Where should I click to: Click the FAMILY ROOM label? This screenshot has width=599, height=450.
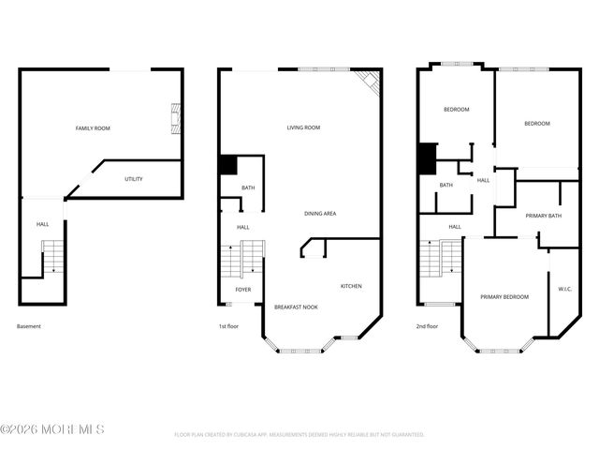[93, 127]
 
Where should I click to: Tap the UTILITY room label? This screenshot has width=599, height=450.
[134, 178]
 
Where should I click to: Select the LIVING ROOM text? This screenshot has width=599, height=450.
[303, 127]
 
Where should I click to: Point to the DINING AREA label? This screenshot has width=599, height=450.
[320, 214]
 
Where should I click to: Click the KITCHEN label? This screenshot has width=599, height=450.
[351, 286]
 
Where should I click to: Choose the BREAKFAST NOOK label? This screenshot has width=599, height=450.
[296, 307]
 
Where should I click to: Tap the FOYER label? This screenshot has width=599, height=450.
[242, 290]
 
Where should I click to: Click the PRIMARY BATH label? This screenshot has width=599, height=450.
[543, 217]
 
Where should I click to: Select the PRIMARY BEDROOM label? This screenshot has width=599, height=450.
[504, 296]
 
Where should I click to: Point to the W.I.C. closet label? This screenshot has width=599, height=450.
[564, 289]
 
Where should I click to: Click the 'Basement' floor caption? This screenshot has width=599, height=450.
[29, 326]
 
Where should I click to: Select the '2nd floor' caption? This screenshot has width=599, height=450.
[427, 326]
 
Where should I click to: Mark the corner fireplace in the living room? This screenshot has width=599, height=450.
[372, 83]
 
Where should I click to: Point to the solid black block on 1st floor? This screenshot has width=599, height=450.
[227, 165]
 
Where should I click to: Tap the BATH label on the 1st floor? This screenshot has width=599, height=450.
[248, 187]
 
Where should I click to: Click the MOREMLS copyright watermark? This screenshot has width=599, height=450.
[52, 429]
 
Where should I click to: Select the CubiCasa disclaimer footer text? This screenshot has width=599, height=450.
[299, 435]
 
